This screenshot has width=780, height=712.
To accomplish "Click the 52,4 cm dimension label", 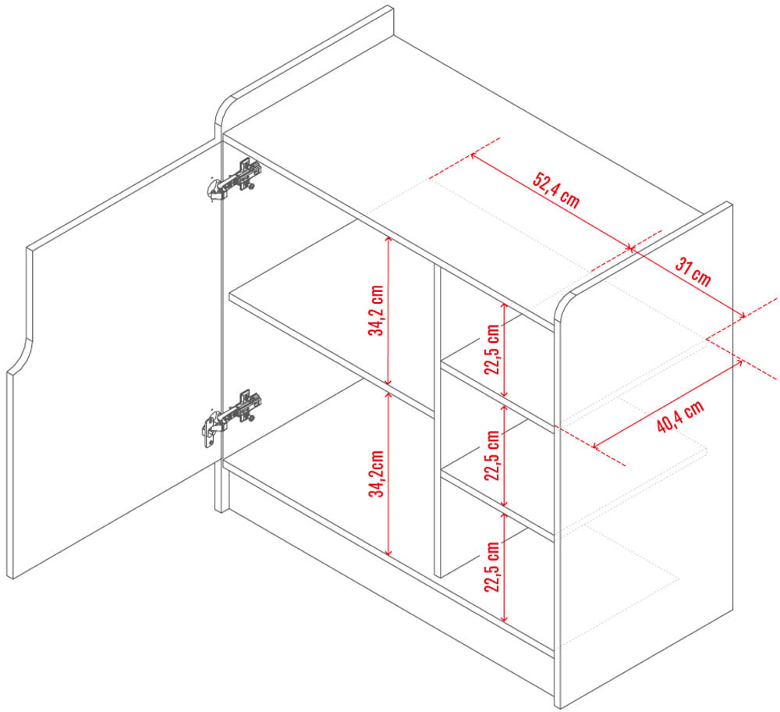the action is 556,190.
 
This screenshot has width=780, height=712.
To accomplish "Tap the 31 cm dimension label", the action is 693,272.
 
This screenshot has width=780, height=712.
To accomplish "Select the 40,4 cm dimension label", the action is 680,416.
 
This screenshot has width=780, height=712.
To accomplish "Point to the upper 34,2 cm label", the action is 376,310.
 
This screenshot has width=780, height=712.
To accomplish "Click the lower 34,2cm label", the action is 376,474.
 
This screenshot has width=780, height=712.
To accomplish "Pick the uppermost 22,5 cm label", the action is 492,349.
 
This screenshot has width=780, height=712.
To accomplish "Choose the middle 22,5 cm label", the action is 492,455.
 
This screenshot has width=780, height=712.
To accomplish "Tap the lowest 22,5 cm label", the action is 492,567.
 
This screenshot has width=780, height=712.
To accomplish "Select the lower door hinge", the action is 232,417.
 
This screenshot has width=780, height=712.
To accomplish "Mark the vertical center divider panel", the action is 438,421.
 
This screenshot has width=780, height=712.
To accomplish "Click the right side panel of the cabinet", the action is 644,453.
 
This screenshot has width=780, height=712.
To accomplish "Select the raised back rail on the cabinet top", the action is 303,69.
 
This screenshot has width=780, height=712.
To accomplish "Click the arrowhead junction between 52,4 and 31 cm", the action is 630,248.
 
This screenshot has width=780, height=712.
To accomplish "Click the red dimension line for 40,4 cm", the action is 668,404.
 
